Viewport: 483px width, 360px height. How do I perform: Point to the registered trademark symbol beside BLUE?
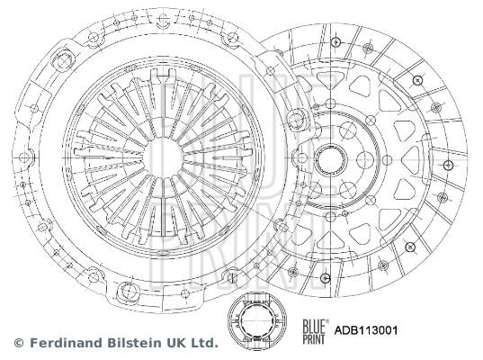pos(326,320)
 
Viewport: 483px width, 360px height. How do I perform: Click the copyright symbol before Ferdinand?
pos(19,343)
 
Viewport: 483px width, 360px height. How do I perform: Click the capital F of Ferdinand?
pos(32,343)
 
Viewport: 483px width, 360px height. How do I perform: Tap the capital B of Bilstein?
pos(110,343)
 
